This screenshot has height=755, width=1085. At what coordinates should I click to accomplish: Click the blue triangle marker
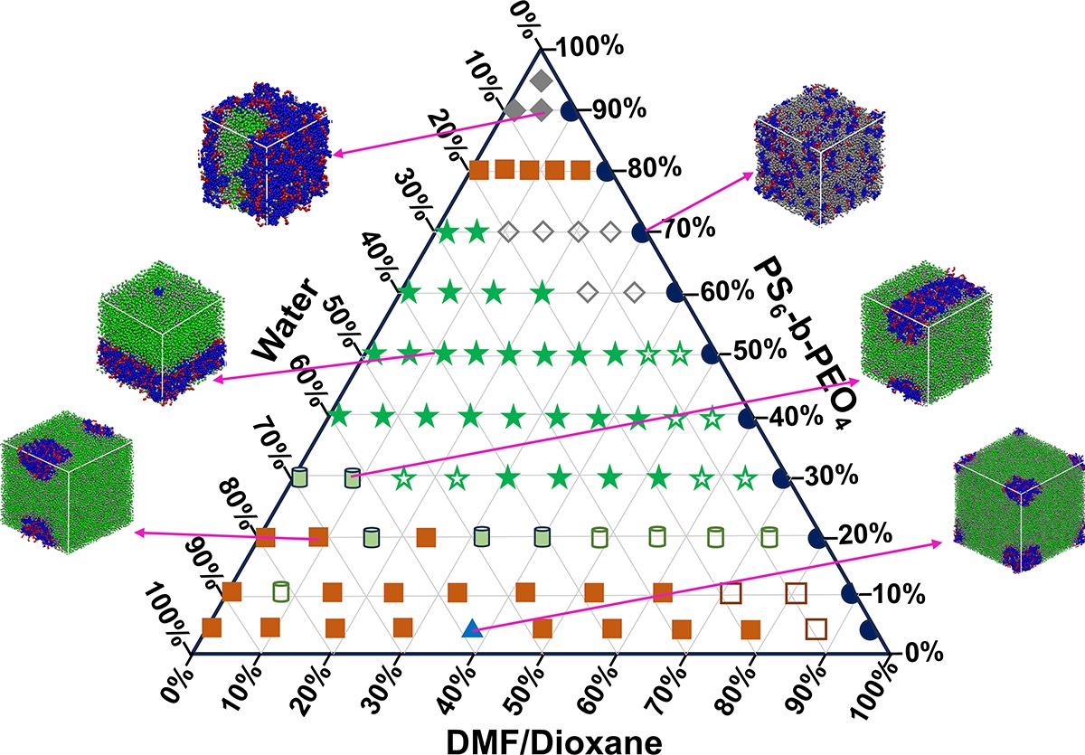tap(470, 628)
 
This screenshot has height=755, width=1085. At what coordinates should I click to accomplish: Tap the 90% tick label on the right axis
tap(618, 111)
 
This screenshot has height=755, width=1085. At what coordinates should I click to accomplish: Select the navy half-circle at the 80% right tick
tap(608, 169)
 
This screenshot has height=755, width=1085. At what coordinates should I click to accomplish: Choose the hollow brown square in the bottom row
tap(816, 628)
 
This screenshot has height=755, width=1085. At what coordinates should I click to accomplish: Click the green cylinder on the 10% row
tap(280, 592)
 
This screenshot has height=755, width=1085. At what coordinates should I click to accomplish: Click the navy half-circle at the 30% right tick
tap(783, 476)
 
